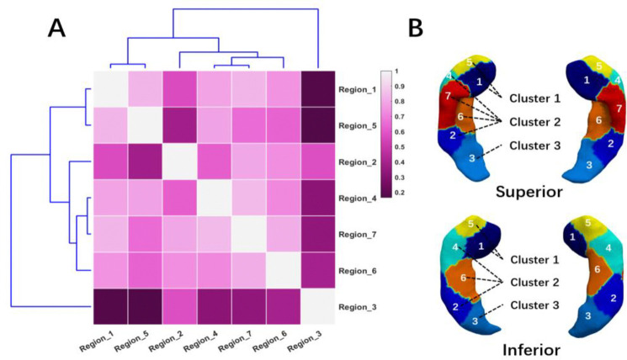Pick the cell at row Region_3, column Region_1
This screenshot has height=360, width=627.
(x=109, y=306)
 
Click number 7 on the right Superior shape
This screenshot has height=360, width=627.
(x=597, y=109)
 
